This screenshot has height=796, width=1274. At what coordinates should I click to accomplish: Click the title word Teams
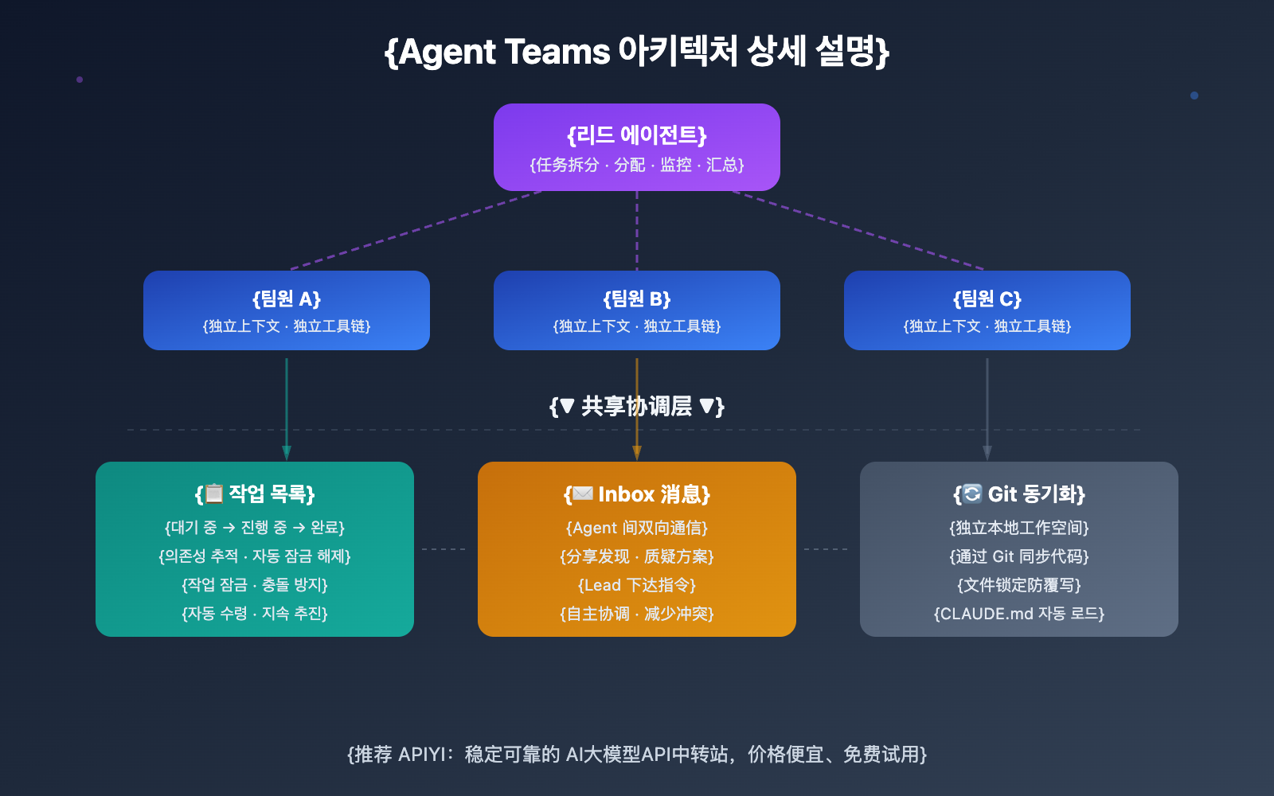coord(557,52)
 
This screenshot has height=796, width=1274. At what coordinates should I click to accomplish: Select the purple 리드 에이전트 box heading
coord(636,135)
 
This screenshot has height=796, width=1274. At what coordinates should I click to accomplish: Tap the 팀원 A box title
coord(286,299)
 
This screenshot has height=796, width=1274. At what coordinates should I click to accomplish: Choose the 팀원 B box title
coord(636,299)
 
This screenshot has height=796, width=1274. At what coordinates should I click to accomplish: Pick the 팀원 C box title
coord(987,299)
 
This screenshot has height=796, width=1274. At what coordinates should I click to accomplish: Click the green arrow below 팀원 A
coord(287,406)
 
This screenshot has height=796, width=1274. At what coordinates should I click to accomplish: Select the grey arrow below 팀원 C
coord(987,406)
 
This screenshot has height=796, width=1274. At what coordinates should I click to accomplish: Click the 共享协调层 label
coord(636,407)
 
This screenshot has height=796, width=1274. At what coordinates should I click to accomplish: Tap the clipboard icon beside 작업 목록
coord(213,494)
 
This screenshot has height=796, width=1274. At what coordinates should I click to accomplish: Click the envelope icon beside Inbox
coord(583,494)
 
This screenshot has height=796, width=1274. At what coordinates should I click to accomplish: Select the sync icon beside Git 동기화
coord(972,494)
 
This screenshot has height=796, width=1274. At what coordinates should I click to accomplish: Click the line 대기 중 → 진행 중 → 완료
coord(255,528)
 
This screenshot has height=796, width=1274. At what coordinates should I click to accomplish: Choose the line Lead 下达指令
coord(637,585)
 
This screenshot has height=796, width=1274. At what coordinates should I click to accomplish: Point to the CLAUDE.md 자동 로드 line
coord(1019,614)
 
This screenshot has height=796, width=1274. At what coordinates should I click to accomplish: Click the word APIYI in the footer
coord(422,755)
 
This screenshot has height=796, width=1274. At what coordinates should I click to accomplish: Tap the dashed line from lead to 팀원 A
coord(414,231)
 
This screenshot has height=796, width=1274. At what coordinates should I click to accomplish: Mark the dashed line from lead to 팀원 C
coord(860,231)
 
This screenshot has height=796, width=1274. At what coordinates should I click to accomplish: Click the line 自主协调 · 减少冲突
coord(637,614)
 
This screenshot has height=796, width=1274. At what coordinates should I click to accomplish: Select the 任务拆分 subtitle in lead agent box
coord(567,165)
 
